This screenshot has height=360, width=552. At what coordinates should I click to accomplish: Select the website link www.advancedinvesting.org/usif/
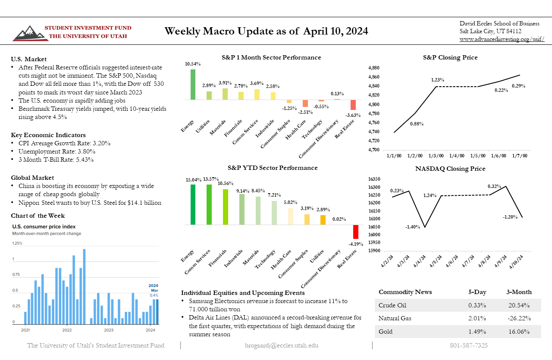point(502,39)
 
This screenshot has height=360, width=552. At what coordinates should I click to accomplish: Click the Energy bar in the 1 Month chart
point(193,85)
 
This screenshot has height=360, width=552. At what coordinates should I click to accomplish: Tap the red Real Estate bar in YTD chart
point(356,232)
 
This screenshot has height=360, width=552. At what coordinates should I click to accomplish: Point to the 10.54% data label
point(193,64)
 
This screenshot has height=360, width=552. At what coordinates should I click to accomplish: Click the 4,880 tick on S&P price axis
point(373,68)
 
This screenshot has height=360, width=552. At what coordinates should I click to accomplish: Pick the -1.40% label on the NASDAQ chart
point(413,227)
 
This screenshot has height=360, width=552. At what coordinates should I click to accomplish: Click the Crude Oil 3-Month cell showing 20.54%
point(519,305)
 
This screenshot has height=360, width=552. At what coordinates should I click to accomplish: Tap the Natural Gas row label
point(395,319)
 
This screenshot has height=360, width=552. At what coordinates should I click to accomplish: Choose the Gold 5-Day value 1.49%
point(477,332)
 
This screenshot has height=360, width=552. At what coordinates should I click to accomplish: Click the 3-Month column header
point(519,292)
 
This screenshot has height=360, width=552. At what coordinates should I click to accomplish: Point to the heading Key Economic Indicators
point(48,135)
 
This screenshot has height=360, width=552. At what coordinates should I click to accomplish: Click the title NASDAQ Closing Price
point(450,169)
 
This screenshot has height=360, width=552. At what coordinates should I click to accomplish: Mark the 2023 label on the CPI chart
point(109,330)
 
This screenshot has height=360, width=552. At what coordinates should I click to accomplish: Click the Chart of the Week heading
point(38,216)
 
